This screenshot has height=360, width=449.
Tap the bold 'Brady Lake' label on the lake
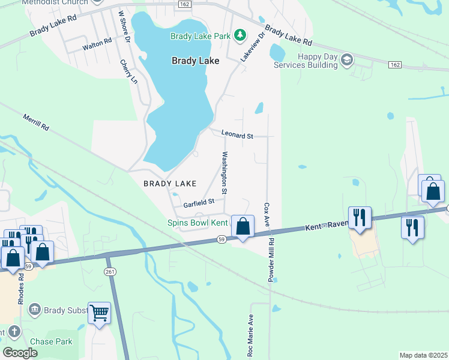click(x=195, y=61)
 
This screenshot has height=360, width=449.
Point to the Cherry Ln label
click(x=129, y=71)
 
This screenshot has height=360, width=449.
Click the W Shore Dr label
click(x=124, y=26)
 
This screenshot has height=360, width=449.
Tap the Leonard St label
click(x=237, y=136)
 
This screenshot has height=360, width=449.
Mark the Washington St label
click(x=224, y=173)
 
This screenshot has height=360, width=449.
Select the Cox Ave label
click(x=267, y=214)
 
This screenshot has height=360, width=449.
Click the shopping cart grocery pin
click(x=99, y=313)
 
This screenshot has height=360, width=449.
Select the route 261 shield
click(x=109, y=272)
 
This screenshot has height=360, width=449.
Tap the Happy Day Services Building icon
click(x=347, y=59)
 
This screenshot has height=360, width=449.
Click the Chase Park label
click(x=51, y=341)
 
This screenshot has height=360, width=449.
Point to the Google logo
click(x=20, y=353)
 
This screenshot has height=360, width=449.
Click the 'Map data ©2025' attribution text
click(x=423, y=355)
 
